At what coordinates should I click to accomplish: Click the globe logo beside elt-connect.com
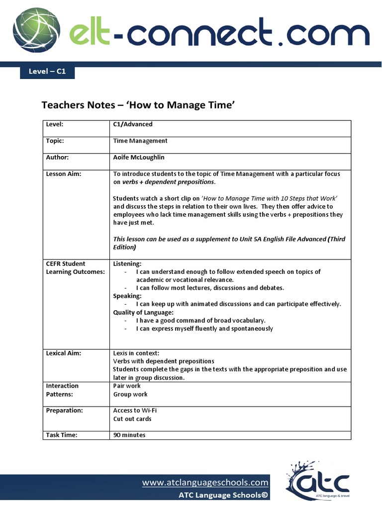pyautogui.click(x=37, y=31)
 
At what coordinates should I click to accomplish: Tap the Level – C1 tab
pyautogui.click(x=47, y=72)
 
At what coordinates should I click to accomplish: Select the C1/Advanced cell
pyautogui.click(x=133, y=124)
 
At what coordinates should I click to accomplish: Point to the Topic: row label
pyautogui.click(x=55, y=141)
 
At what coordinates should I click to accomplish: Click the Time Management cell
pyautogui.click(x=140, y=141)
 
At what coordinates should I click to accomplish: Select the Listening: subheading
pyautogui.click(x=127, y=263)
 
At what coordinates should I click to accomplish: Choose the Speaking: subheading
pyautogui.click(x=127, y=296)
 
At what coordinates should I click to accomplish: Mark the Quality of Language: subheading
pyautogui.click(x=143, y=312)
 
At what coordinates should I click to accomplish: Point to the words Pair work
pyautogui.click(x=127, y=386)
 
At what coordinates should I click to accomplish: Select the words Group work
pyautogui.click(x=130, y=394)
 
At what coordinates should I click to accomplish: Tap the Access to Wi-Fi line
pyautogui.click(x=135, y=411)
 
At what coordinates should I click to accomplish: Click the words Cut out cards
pyautogui.click(x=132, y=419)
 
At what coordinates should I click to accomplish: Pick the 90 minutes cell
pyautogui.click(x=129, y=435)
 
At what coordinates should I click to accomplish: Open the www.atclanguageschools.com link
pyautogui.click(x=205, y=482)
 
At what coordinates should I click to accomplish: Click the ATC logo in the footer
pyautogui.click(x=318, y=481)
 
